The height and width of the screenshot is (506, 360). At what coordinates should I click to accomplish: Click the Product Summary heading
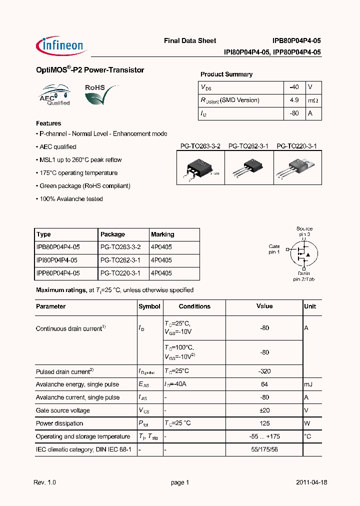click(x=226, y=74)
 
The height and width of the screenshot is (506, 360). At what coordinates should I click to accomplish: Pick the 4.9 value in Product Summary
click(x=294, y=100)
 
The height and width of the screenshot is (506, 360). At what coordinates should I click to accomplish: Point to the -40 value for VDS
click(x=294, y=87)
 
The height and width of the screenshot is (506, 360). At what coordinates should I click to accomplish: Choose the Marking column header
click(x=162, y=234)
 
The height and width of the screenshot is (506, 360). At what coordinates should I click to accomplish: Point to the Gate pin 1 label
click(x=274, y=249)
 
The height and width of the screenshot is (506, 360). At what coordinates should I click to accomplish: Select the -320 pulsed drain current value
click(x=264, y=371)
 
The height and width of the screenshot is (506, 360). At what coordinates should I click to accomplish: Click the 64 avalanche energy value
click(x=264, y=384)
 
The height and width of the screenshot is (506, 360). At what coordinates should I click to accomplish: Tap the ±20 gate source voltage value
click(x=264, y=410)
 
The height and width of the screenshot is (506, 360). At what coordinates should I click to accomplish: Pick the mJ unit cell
click(x=308, y=384)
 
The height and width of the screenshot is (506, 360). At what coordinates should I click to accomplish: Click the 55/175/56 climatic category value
click(x=264, y=449)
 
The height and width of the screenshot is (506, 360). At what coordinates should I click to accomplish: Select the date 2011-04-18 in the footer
click(x=311, y=482)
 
